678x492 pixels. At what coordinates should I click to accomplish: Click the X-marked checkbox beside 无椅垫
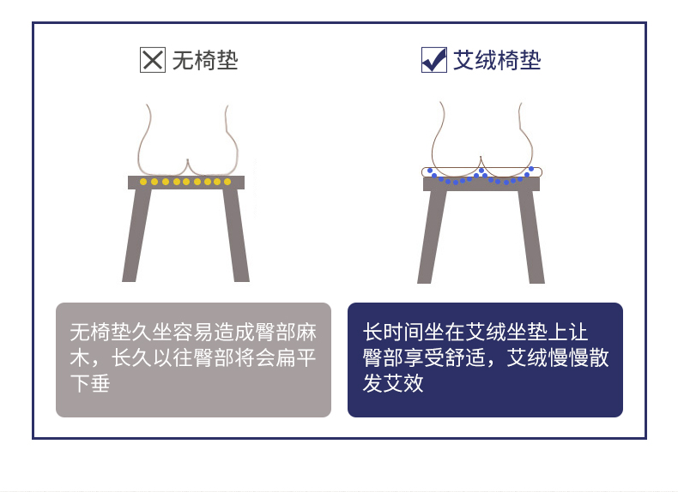coord(153,60)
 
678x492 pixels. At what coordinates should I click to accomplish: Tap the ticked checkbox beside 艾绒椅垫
coord(434,60)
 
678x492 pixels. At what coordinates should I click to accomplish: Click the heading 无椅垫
coord(205,60)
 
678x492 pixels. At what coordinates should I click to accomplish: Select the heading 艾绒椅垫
coord(497,60)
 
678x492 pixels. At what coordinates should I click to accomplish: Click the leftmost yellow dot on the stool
coord(143,182)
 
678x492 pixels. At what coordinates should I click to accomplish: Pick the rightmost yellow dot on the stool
coord(227,182)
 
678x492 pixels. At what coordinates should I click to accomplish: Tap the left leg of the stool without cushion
coord(136,236)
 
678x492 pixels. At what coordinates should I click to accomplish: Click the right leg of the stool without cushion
coord(236,236)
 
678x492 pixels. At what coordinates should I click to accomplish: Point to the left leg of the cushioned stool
coord(432,237)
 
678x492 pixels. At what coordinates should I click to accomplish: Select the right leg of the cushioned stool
coord(531,237)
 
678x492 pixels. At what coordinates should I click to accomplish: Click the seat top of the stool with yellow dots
coord(186,183)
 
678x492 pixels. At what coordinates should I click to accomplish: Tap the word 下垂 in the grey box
coord(90,383)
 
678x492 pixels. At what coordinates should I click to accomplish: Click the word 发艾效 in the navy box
coord(393,383)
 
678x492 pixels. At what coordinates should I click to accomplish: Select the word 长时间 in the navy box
coord(393,333)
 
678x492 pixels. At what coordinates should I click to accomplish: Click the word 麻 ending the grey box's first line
coord(306,333)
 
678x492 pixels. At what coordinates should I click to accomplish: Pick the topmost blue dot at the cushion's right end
coord(531,169)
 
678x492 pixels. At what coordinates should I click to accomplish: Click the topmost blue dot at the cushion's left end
coord(430,171)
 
